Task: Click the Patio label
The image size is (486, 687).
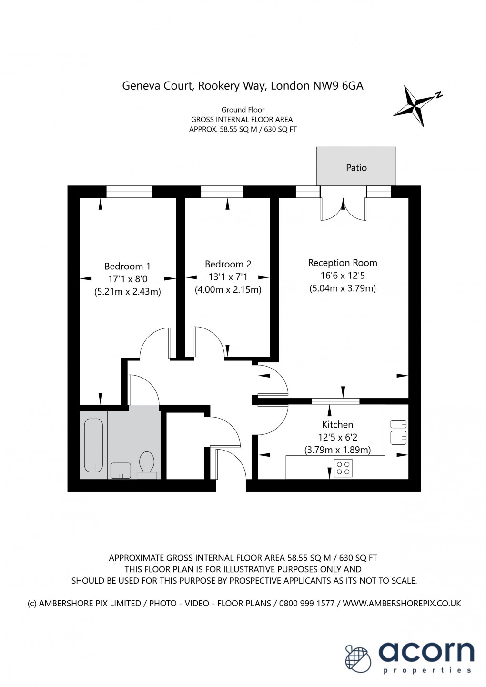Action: point(356,168)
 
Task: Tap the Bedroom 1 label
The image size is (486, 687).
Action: point(127,267)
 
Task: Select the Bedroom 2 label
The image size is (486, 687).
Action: point(228,264)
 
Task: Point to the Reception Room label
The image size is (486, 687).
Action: point(342,263)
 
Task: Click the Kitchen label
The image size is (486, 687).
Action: point(337,424)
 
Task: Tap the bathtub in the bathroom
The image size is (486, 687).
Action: point(93,445)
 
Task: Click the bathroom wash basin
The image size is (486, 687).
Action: point(121,470)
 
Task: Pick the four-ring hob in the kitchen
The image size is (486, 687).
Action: point(343,468)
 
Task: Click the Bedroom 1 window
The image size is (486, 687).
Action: point(129,192)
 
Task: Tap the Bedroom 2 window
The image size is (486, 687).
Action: point(222,192)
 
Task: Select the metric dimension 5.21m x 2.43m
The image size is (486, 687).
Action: point(127,292)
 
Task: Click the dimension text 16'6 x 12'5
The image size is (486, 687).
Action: point(342,276)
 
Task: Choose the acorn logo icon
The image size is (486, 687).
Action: point(358,658)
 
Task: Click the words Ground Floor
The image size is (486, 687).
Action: point(243,110)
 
